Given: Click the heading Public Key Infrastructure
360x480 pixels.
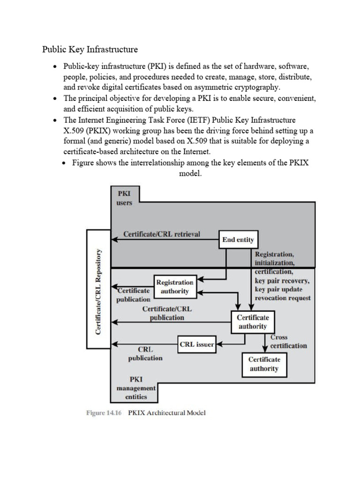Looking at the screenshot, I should (90, 49).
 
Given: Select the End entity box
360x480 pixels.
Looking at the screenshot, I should (239, 240).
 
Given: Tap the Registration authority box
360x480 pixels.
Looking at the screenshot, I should (174, 287).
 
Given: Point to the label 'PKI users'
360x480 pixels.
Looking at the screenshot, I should (124, 198).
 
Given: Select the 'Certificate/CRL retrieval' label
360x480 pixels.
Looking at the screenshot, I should (161, 234).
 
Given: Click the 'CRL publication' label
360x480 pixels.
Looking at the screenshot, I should (145, 353).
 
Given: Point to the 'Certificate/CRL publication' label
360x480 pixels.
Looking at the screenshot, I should (167, 313).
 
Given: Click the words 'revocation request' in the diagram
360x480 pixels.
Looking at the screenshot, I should (282, 298).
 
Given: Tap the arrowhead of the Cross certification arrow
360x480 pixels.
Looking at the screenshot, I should (265, 348).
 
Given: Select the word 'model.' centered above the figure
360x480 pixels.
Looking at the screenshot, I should (190, 173).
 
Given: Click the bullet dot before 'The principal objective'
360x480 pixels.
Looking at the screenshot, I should (55, 98).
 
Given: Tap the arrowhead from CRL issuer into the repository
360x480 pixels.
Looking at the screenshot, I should (113, 345).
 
